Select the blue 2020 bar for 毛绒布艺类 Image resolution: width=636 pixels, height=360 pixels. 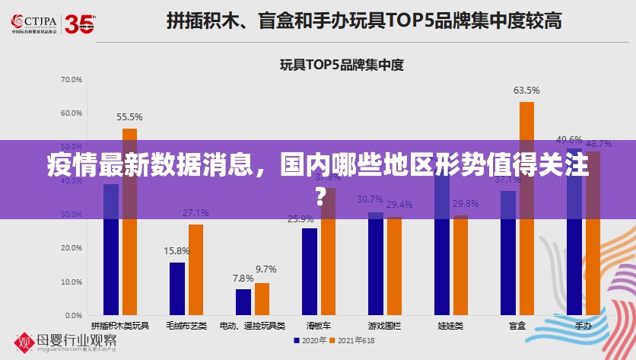point(177,288)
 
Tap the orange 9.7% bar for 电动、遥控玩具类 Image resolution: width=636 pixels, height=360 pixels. point(262,298)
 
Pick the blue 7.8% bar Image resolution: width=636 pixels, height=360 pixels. point(243,301)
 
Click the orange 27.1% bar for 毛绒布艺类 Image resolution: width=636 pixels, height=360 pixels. point(196,269)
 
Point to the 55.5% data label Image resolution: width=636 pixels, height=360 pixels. point(129,117)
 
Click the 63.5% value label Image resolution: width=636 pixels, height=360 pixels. point(526,91)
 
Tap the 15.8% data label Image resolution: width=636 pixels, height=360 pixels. point(176,250)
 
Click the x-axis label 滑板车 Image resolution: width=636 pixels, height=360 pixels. point(318,326)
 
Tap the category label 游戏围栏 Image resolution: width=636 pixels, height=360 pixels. point(384,326)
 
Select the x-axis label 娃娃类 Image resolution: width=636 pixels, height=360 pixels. point(450,326)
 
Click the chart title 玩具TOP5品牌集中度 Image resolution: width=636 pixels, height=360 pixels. point(342,65)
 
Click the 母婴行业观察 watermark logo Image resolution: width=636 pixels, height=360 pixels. point(68,340)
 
